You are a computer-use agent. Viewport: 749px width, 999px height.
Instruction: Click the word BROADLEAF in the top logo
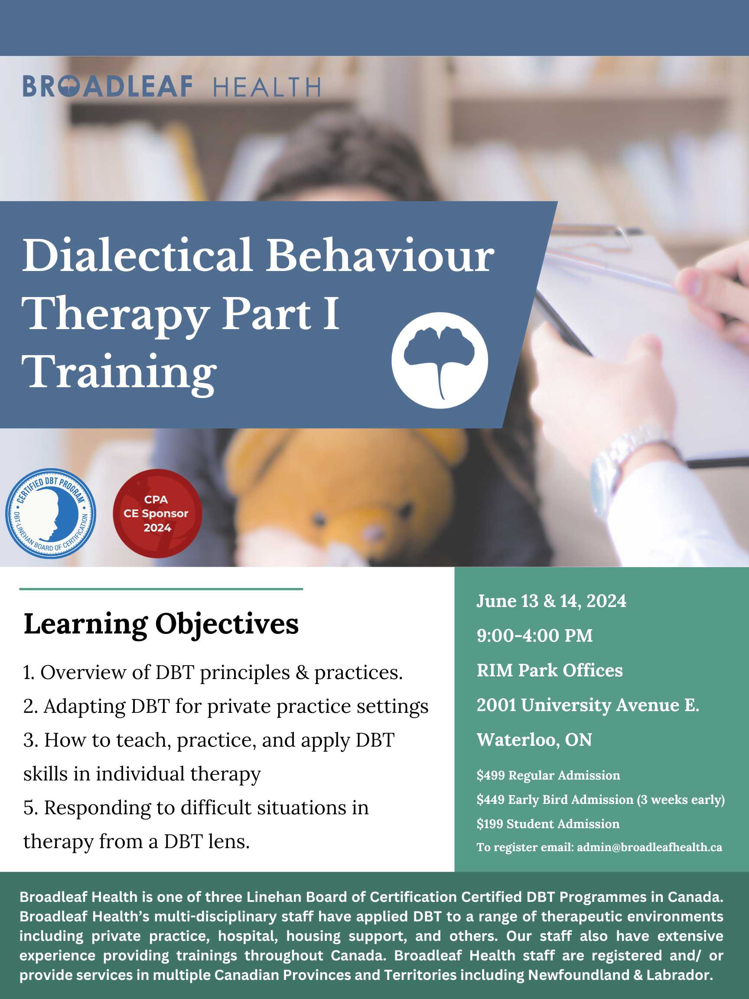click(107, 86)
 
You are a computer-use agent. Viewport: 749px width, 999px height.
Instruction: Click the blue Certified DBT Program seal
click(51, 513)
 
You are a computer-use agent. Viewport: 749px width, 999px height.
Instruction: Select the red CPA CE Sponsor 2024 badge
click(157, 513)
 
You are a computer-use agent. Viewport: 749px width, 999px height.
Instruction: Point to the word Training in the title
click(119, 372)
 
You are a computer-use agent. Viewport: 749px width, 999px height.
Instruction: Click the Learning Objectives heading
click(161, 624)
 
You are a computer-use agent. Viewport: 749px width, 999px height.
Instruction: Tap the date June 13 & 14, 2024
click(551, 601)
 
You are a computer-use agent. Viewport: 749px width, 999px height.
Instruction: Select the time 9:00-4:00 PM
click(534, 636)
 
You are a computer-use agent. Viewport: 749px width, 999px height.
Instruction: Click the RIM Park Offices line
click(550, 670)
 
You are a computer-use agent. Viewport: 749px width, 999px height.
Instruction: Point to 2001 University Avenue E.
click(588, 705)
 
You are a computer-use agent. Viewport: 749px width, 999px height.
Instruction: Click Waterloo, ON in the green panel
click(534, 739)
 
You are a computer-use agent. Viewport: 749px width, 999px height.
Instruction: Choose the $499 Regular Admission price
click(548, 775)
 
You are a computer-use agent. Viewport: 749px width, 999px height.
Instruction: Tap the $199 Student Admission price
click(547, 823)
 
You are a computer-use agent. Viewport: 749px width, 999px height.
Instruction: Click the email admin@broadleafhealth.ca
click(649, 847)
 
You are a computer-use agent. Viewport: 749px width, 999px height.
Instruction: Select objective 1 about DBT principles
click(213, 672)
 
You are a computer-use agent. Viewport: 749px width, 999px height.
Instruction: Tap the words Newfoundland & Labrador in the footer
click(620, 975)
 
